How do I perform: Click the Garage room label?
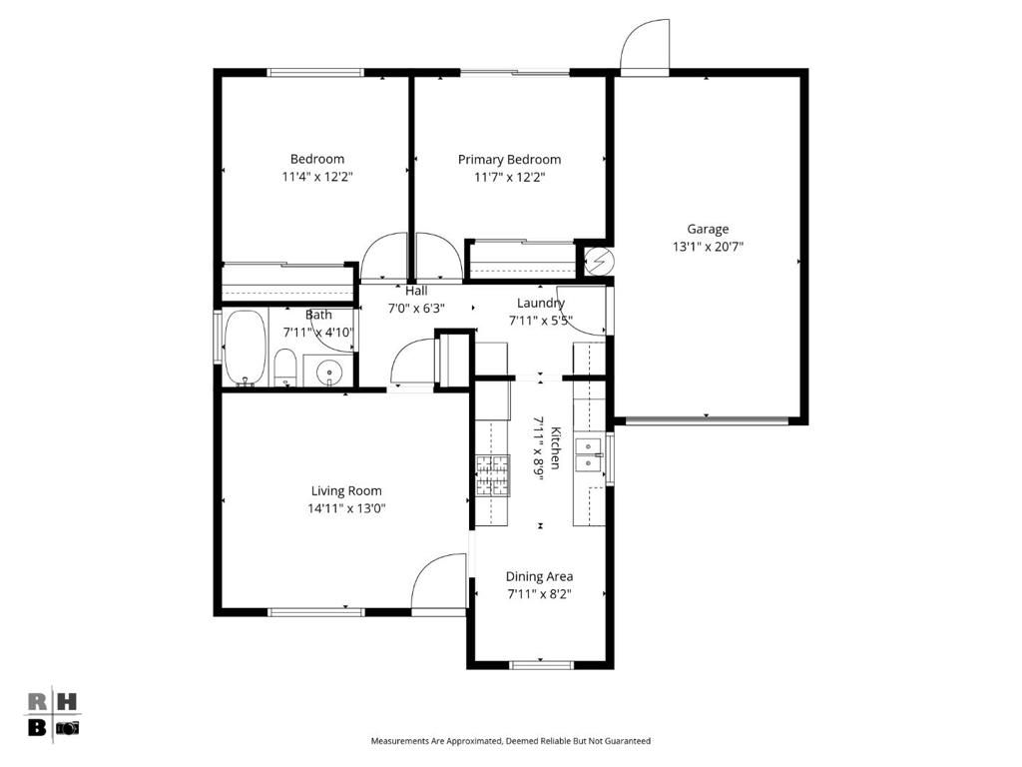point(708,229)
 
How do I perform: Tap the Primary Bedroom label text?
point(509,160)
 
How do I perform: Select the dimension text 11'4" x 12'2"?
point(317,177)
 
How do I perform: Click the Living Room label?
point(346,490)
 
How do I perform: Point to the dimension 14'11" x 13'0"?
point(346,508)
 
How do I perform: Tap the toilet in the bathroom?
point(284,368)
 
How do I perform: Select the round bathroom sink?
point(328,374)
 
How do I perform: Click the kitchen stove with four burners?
point(492,475)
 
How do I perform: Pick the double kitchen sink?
point(590,454)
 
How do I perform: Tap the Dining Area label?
point(539,576)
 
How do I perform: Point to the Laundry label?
point(541,303)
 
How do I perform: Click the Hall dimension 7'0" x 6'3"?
point(416,309)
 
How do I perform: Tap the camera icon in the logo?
point(67,727)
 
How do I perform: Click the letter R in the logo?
point(36,701)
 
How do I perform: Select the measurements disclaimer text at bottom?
point(510,741)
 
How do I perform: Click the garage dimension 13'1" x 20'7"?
point(708,247)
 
